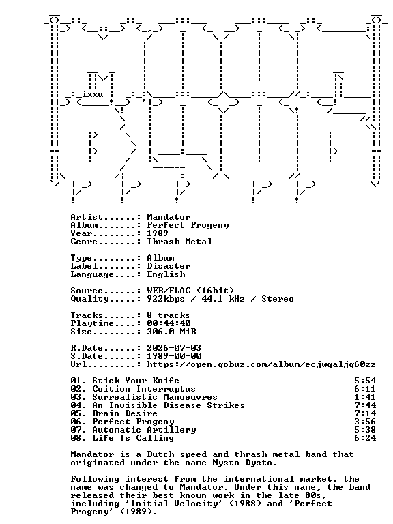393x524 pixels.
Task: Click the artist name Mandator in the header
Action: click(169, 217)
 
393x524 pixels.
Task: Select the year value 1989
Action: click(158, 233)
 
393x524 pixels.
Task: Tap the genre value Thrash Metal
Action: click(180, 242)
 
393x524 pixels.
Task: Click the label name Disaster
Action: click(169, 266)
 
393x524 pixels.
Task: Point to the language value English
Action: click(166, 274)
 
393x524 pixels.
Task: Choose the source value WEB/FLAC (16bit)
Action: click(190, 291)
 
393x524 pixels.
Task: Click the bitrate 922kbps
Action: click(166, 299)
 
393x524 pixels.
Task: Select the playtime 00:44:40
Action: click(169, 323)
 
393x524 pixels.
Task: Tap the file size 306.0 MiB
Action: click(171, 332)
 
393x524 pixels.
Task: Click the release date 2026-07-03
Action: click(174, 348)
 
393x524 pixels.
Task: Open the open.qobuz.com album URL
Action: click(261, 364)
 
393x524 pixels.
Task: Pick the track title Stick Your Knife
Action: click(136, 381)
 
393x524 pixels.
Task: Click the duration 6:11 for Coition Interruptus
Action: click(365, 389)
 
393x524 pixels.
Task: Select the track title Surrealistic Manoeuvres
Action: click(155, 397)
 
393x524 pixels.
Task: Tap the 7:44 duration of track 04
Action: click(365, 405)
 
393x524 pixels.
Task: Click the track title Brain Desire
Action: click(125, 413)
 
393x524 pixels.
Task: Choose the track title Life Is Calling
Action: click(133, 438)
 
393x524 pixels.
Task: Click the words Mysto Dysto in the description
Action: click(245, 463)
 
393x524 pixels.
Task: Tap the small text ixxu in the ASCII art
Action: click(93, 95)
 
